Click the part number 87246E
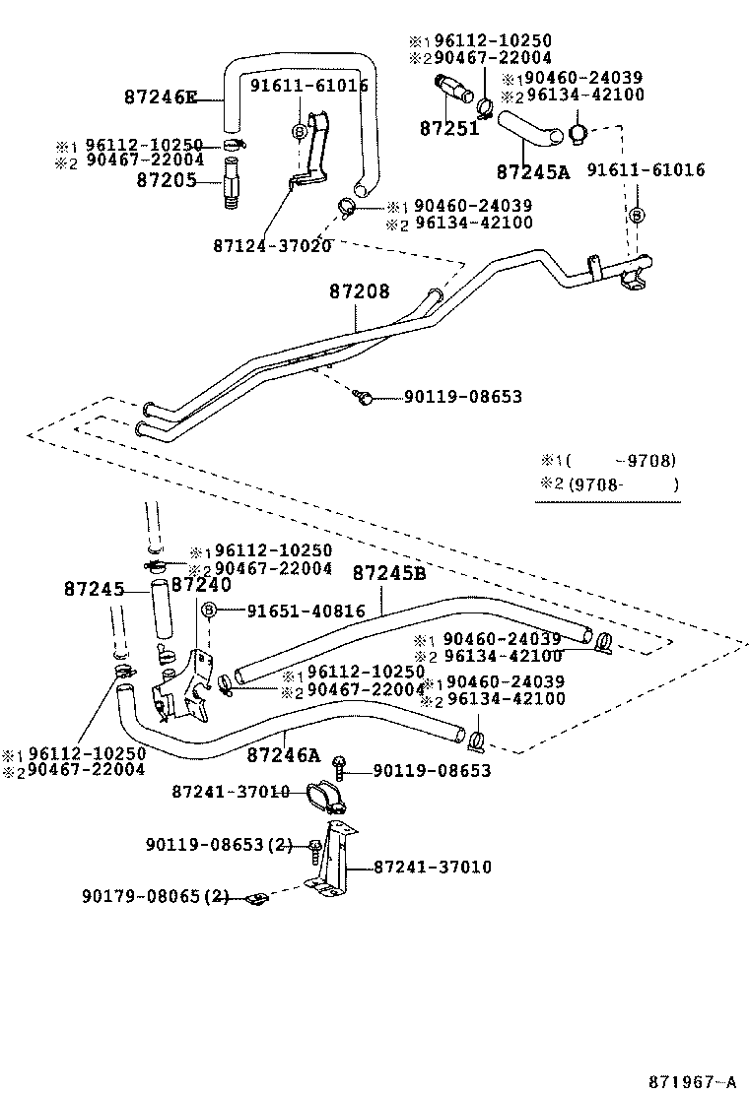coord(161,97)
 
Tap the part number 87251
coord(448,128)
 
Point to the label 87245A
coord(532,171)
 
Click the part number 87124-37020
coord(271,244)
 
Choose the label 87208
coord(359,291)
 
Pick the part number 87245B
coord(389,572)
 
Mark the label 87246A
coord(284,754)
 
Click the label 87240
coord(201,585)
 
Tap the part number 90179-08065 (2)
coord(156,896)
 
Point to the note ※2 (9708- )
coord(609,483)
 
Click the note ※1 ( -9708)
coord(609,460)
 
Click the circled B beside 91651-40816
coord(209,612)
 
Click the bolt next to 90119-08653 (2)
coord(313,847)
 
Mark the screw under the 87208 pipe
coord(364,397)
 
